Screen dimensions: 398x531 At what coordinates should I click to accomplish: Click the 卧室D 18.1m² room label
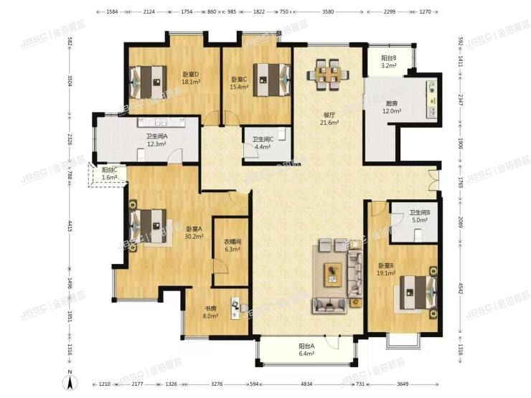point(191,77)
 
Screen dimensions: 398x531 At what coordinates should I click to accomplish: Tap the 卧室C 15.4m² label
point(239,83)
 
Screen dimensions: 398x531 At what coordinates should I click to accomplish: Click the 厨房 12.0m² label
point(391,108)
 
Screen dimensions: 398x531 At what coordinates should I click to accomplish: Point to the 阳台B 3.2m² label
point(388,62)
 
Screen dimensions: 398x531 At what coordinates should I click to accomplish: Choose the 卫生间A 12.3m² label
point(156,140)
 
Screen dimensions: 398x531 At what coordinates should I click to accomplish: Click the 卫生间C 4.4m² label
point(261,143)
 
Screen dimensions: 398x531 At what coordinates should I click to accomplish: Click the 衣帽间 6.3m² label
point(232,245)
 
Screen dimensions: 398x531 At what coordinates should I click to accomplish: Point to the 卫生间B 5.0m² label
point(419,217)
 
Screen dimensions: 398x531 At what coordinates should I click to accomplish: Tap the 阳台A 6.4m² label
point(306,349)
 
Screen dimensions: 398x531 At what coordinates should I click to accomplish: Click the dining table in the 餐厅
point(327,75)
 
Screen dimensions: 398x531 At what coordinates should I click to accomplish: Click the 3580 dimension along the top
point(328,11)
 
